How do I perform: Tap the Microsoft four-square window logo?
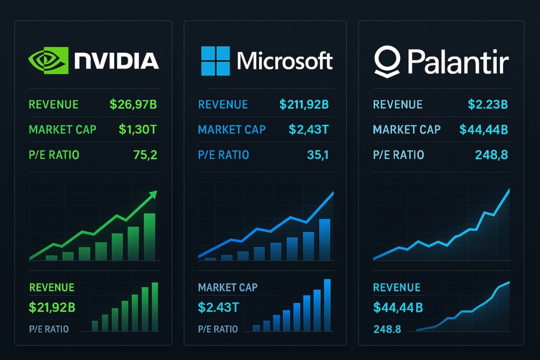tap(215, 60)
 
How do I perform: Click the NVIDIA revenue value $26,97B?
tap(133, 104)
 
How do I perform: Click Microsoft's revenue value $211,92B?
tap(304, 104)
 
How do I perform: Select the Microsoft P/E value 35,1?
tap(317, 155)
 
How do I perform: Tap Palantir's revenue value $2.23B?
tap(488, 104)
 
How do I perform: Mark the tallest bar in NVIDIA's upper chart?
tap(150, 236)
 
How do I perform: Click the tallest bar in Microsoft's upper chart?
tap(325, 239)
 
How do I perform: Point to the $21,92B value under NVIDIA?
tap(52, 307)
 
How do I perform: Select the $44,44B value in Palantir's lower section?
tap(398, 307)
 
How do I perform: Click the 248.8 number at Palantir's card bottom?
tap(387, 329)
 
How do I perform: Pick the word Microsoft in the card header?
tap(285, 61)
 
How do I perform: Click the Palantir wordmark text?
tap(457, 62)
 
